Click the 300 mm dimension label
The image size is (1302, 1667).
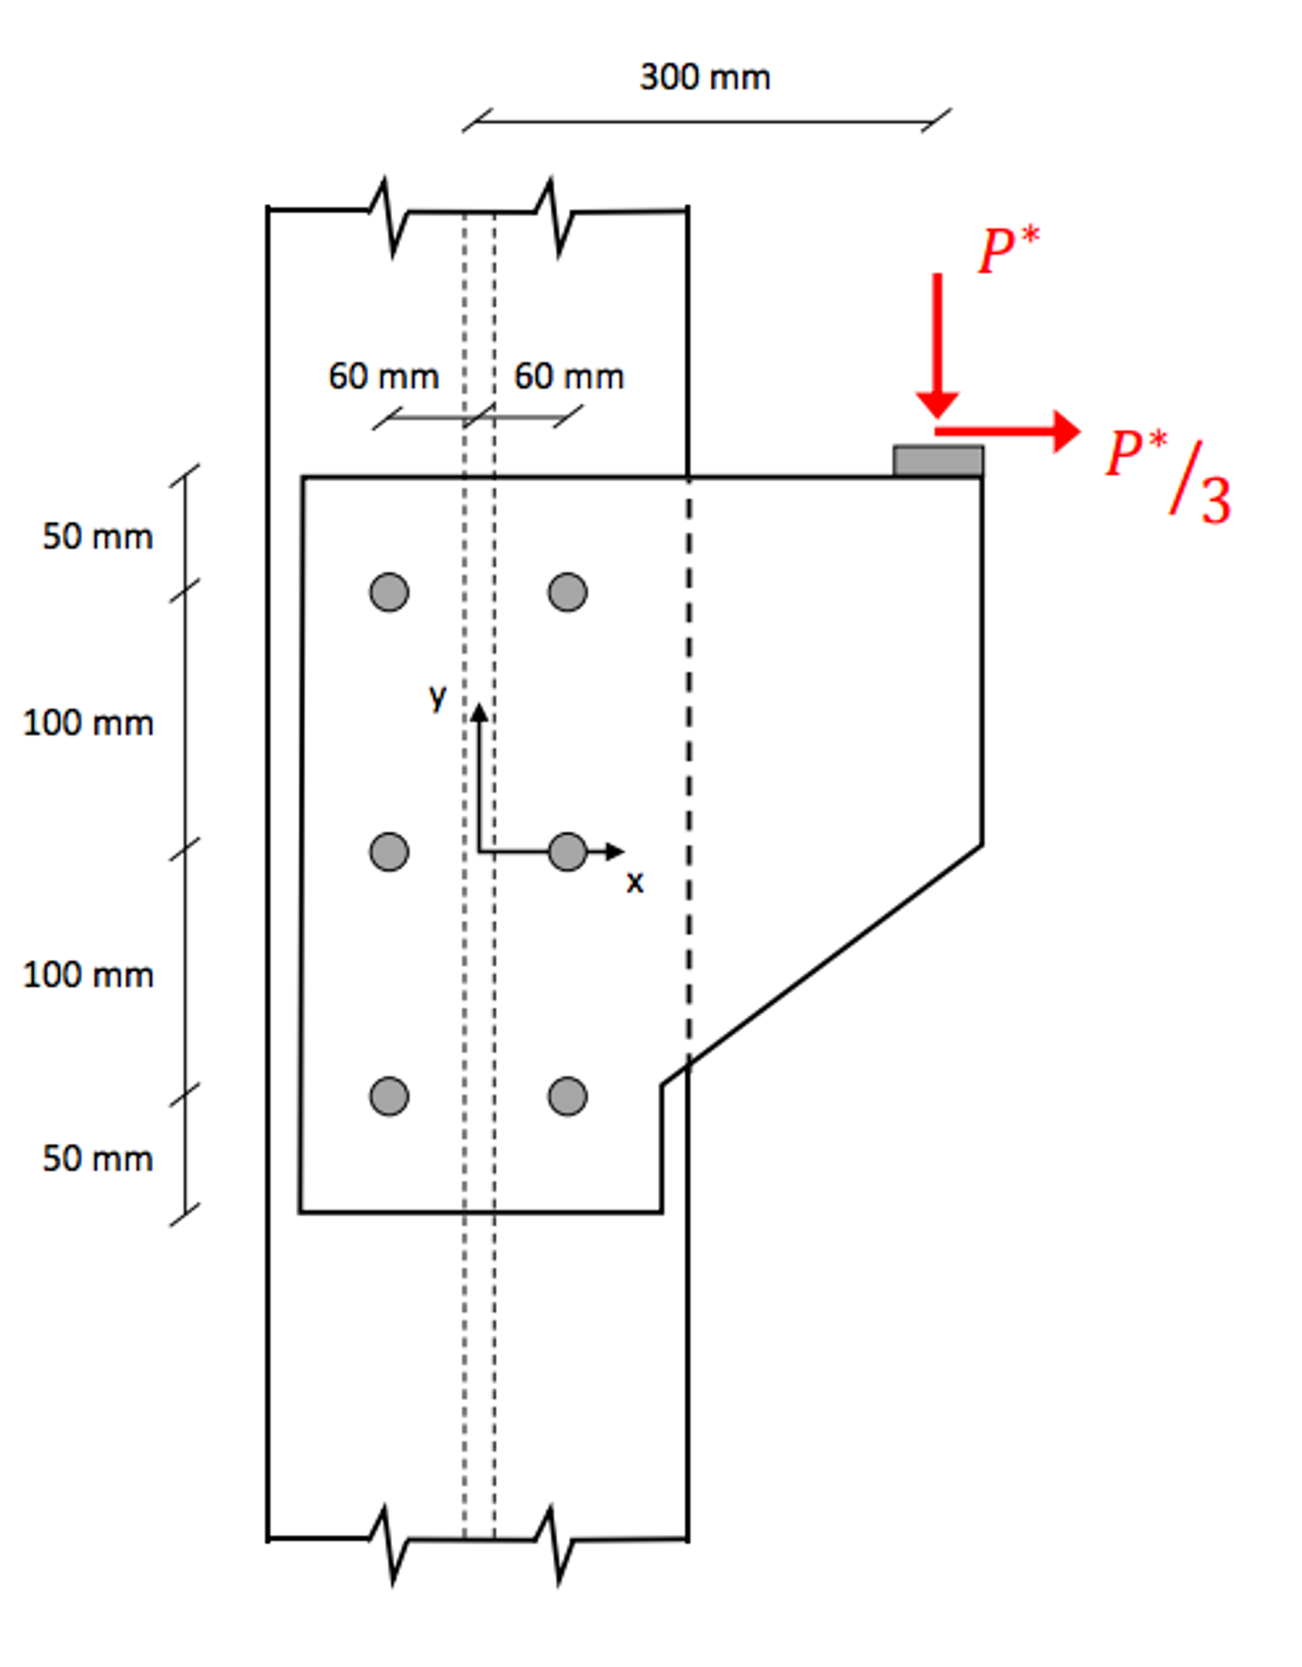[x=704, y=77]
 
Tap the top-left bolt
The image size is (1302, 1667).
[x=389, y=592]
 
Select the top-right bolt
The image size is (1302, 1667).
[x=567, y=592]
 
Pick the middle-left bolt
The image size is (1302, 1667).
[x=389, y=851]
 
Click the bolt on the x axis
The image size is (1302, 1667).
[x=567, y=851]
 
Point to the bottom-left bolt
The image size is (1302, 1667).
[x=389, y=1096]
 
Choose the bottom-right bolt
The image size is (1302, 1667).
[x=567, y=1096]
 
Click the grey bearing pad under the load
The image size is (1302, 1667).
[x=937, y=460]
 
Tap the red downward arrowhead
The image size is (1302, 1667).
[x=937, y=404]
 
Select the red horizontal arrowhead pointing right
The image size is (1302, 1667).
[x=1067, y=431]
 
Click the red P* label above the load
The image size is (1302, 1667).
[x=1008, y=249]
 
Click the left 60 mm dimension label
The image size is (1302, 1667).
[x=383, y=376]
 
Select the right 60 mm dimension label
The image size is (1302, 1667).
[x=568, y=376]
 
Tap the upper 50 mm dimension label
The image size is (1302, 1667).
[x=97, y=537]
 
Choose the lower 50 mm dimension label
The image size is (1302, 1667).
[x=97, y=1159]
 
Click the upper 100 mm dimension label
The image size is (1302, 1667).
[x=88, y=724]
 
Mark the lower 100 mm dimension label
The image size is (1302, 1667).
[x=88, y=975]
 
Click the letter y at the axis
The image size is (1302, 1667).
[x=438, y=697]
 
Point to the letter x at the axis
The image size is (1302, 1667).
[x=635, y=882]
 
